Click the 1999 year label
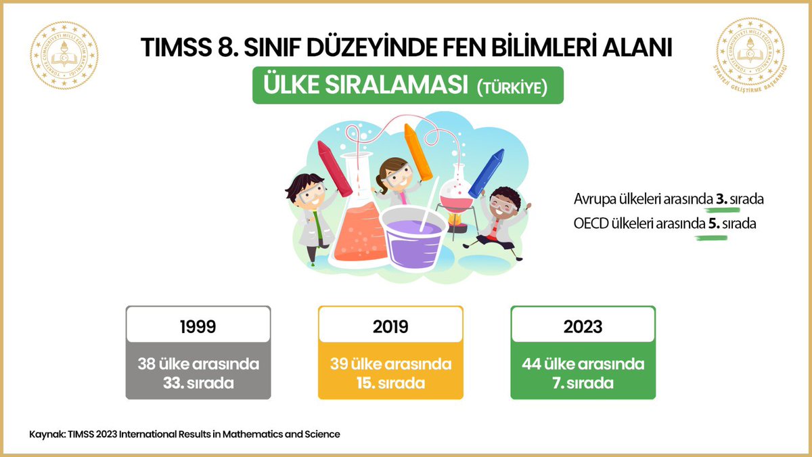click(198, 326)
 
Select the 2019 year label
click(390, 326)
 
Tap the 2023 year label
click(583, 326)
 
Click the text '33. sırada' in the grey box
click(198, 383)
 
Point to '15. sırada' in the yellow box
click(390, 383)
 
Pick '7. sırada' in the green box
click(583, 383)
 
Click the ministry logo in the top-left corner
click(64, 56)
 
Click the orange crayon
click(418, 152)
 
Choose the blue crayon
click(487, 173)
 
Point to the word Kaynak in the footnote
click(45, 434)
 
